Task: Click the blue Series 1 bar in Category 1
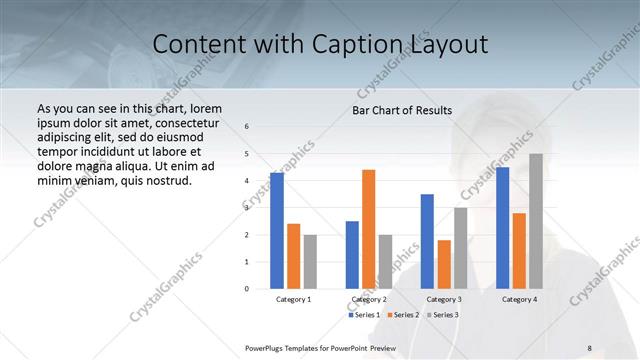[x=277, y=231]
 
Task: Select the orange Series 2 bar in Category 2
[x=368, y=229]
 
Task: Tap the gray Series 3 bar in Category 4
[x=536, y=221]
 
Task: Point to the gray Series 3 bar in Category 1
[x=310, y=261]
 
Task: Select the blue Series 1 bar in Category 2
[x=352, y=254]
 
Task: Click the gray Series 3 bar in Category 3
[x=460, y=248]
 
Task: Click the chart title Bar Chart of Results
[x=402, y=110]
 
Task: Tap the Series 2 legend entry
[x=402, y=315]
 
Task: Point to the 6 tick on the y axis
[x=247, y=126]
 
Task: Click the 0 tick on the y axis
[x=247, y=289]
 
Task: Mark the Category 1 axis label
[x=294, y=299]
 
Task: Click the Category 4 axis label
[x=519, y=299]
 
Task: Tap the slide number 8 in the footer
[x=590, y=347]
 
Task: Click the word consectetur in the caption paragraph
[x=178, y=121]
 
